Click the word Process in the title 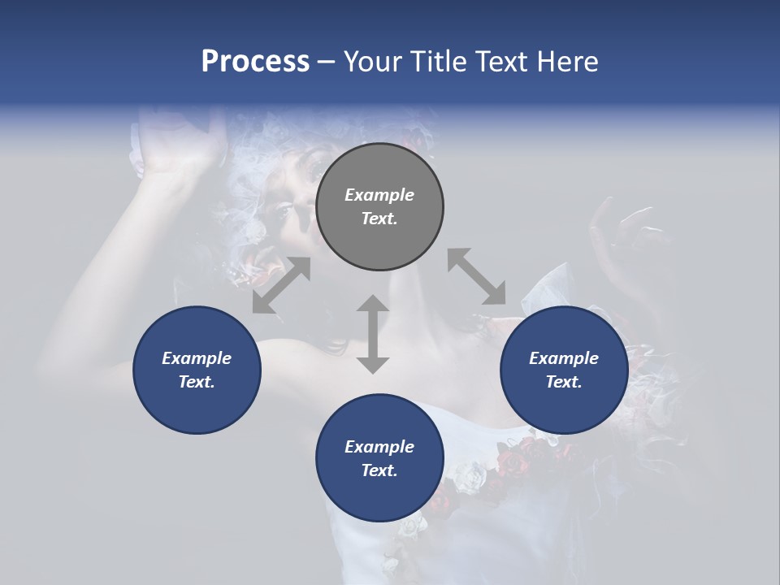click(255, 62)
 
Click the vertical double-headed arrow click(373, 334)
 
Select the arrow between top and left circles click(281, 285)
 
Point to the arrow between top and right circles click(476, 276)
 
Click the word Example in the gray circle click(379, 195)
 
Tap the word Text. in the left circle click(197, 382)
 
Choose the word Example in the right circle click(564, 358)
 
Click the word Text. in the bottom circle click(379, 470)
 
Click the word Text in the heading click(500, 62)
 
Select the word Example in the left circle click(197, 358)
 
